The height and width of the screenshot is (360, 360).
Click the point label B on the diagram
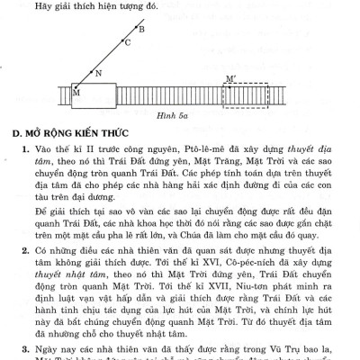coord(141,29)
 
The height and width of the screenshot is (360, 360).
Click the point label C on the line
coord(128,42)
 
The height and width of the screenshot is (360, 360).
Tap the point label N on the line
coord(98,73)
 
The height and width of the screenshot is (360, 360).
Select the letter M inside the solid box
coord(76,93)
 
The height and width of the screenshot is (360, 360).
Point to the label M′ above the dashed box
coord(232,80)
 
